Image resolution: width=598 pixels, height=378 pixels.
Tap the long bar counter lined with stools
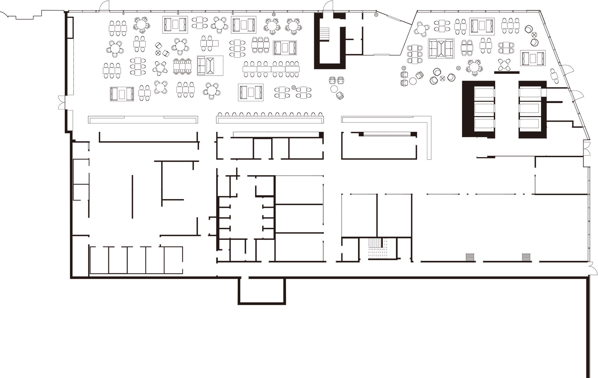tap(270, 120)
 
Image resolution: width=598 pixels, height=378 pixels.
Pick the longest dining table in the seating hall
tap(271, 69)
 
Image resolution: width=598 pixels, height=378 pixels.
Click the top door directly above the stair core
tap(328, 6)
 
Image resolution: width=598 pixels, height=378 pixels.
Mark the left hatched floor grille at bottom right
tap(470, 257)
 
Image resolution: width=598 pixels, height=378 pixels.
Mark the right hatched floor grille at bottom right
tap(526, 257)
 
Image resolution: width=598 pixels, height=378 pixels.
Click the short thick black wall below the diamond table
tap(507, 72)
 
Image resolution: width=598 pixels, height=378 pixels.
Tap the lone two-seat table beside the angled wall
tap(554, 76)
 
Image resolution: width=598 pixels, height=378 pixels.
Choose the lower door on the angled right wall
tap(577, 95)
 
